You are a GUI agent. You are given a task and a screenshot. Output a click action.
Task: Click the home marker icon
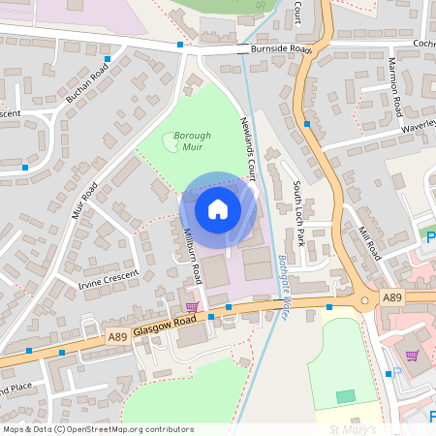218,209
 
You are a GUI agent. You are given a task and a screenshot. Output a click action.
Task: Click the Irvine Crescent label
109,279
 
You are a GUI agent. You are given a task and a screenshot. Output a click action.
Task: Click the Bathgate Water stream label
288,275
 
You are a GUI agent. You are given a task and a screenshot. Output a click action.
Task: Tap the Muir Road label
83,202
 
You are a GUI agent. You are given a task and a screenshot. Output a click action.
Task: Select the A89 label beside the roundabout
391,298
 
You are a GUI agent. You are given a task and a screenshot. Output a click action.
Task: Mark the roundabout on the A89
364,300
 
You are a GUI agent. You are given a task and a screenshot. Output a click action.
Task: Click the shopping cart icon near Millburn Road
192,306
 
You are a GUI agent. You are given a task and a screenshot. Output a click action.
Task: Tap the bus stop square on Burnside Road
180,45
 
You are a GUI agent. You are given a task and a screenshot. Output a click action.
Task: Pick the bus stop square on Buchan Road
107,59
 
